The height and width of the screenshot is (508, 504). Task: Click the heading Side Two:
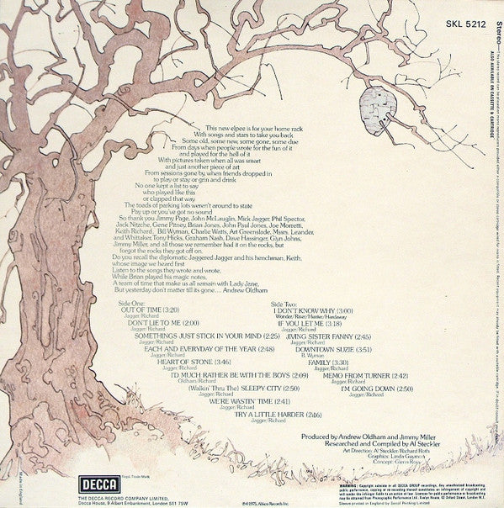(x=287, y=301)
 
